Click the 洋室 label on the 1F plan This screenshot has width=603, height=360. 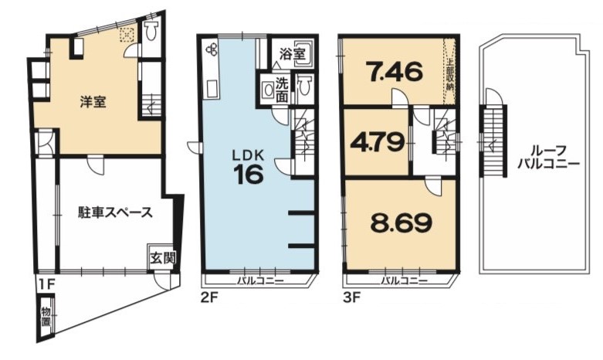(x=93, y=102)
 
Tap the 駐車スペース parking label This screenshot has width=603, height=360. (x=115, y=212)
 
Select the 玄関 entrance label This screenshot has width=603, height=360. (x=162, y=258)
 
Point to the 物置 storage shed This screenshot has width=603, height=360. (x=46, y=315)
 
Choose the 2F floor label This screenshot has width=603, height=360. (x=209, y=297)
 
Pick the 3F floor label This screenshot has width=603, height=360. (x=351, y=297)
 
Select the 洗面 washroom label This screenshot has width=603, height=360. (x=282, y=90)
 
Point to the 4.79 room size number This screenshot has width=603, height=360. (x=377, y=142)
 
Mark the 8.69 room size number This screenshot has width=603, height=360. (x=401, y=222)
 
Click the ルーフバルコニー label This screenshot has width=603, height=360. (x=548, y=157)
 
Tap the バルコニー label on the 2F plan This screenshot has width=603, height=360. (x=260, y=280)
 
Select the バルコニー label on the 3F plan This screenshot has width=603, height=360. (x=404, y=280)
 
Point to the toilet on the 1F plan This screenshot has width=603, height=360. (x=152, y=30)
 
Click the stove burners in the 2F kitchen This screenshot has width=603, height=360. (x=212, y=49)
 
